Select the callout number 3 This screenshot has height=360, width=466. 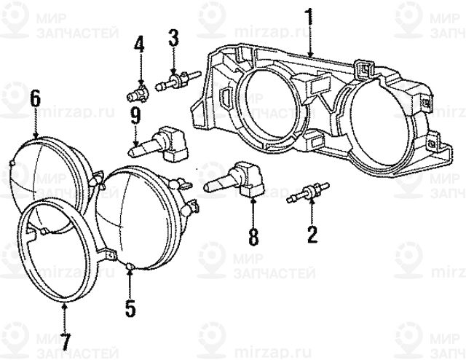click(x=173, y=37)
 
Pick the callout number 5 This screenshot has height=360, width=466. click(x=130, y=308)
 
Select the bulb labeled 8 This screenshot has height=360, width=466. click(x=233, y=179)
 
